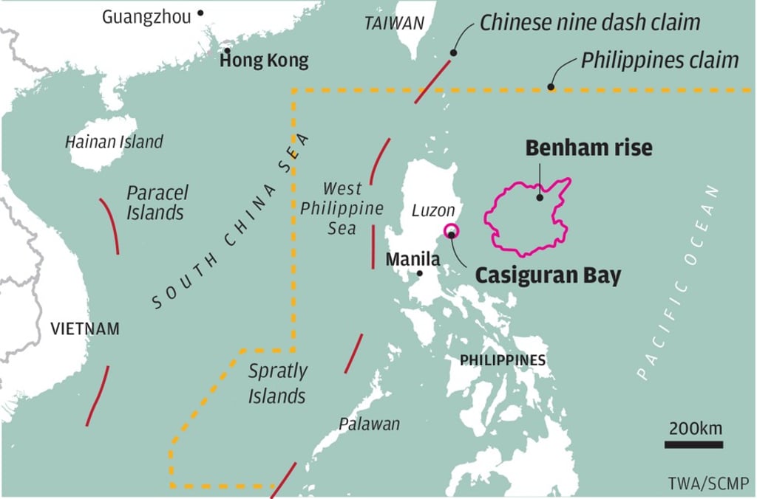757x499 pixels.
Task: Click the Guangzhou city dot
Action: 200,13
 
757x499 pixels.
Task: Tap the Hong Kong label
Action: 264,61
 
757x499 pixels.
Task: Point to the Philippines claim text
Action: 659,60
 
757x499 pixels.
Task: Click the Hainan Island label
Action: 114,141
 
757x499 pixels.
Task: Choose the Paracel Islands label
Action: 156,203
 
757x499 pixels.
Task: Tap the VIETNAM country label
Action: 85,329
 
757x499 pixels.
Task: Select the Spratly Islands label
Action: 277,383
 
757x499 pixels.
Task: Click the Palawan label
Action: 369,424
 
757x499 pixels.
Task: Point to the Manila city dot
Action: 420,274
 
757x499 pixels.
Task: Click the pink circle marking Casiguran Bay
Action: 451,231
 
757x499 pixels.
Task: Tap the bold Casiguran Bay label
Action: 547,275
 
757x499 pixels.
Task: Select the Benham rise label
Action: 588,148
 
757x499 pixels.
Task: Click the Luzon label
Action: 433,211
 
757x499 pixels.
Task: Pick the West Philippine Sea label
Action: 342,209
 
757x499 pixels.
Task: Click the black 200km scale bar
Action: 693,444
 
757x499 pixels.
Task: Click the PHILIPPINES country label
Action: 503,360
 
